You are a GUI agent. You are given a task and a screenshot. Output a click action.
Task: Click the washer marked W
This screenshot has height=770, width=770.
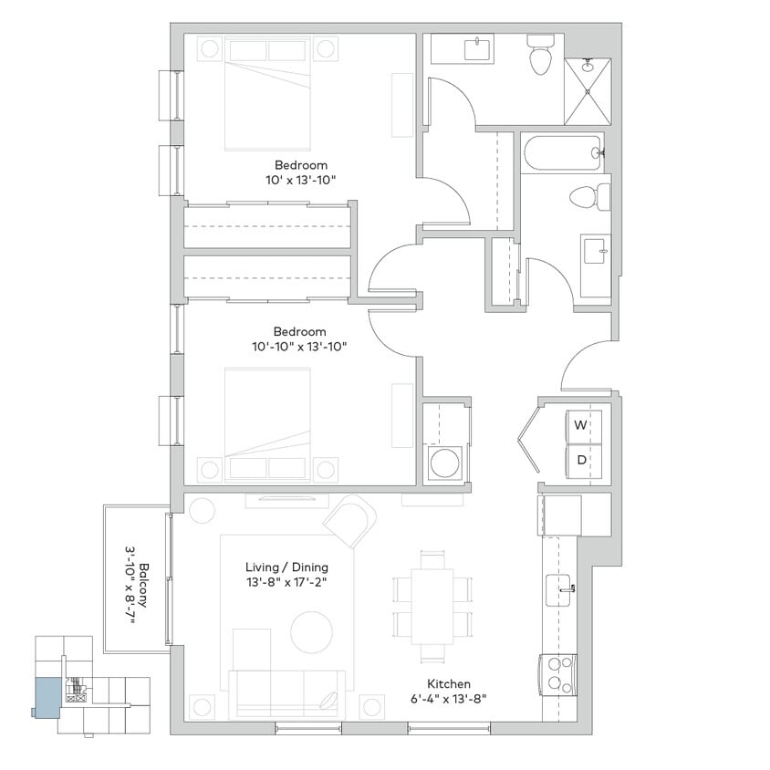pyautogui.click(x=581, y=425)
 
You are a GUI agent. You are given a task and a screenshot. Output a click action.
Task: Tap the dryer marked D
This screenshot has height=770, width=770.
pyautogui.click(x=581, y=460)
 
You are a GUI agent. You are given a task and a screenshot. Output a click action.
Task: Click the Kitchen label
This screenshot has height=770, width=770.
pyautogui.click(x=449, y=683)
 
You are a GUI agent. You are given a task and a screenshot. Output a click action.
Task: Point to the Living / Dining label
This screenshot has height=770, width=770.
pyautogui.click(x=286, y=567)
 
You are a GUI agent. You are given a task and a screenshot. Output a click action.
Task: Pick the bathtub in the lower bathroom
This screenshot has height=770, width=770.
pyautogui.click(x=562, y=153)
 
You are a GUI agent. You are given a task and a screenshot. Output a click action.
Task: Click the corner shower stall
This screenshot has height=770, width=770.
pyautogui.click(x=587, y=91)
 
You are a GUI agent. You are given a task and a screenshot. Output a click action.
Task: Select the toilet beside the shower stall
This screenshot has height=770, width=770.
pyautogui.click(x=541, y=57)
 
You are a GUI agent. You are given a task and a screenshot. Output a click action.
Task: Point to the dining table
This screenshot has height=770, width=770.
pyautogui.click(x=432, y=606)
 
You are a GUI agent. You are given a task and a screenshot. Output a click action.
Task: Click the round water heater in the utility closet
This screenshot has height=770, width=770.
pyautogui.click(x=444, y=463)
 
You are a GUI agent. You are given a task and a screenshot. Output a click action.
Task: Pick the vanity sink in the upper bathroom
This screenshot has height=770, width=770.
pyautogui.click(x=477, y=48)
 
